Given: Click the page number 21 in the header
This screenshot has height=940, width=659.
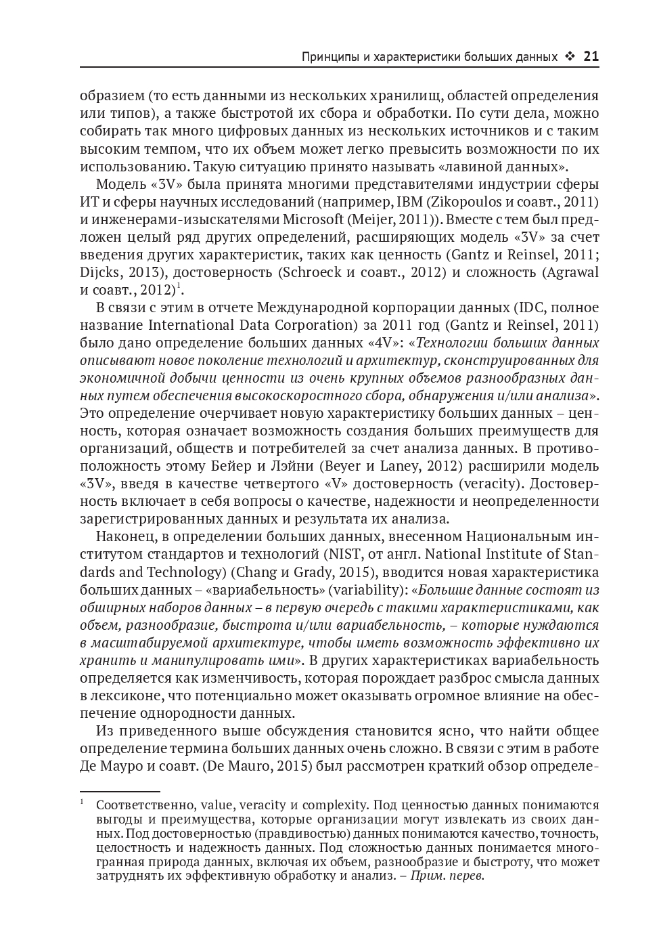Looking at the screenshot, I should pos(591,57).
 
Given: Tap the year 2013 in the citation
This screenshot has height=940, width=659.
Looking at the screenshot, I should pos(151,272).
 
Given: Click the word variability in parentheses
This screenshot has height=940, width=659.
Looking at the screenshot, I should pos(367,589).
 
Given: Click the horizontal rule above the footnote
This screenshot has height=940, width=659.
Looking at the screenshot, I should pos(120,790).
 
